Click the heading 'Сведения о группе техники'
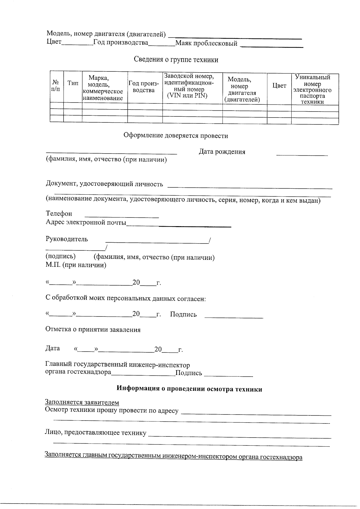tap(176, 60)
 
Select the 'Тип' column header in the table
tap(73, 83)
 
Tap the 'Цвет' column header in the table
tap(279, 86)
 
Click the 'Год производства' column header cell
tap(144, 87)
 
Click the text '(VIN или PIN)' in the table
tap(187, 96)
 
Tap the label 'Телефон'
tap(59, 214)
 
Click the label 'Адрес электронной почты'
tap(86, 223)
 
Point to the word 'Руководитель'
tap(67, 239)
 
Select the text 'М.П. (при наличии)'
tap(76, 265)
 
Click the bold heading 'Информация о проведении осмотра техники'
tap(189, 389)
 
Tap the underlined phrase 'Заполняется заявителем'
tap(82, 402)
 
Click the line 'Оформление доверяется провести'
tap(176, 136)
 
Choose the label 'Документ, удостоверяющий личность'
tap(104, 184)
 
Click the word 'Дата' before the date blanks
tap(52, 348)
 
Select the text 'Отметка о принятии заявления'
tap(93, 330)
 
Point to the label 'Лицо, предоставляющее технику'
tap(96, 433)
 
